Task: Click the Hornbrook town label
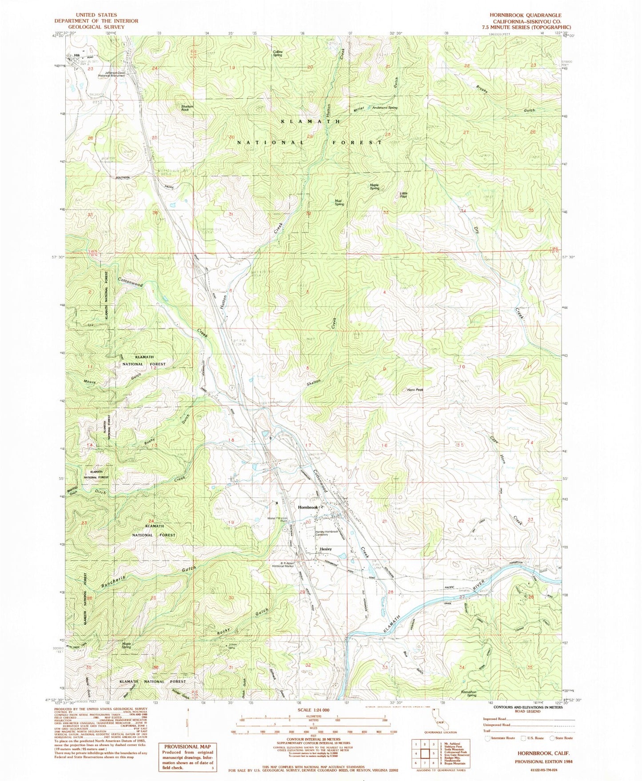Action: pyautogui.click(x=308, y=507)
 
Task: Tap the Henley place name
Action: pyautogui.click(x=326, y=549)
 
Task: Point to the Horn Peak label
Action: pyautogui.click(x=415, y=390)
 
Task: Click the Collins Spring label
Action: pyautogui.click(x=279, y=53)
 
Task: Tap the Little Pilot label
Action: pyautogui.click(x=403, y=195)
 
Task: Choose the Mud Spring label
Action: pyautogui.click(x=339, y=203)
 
